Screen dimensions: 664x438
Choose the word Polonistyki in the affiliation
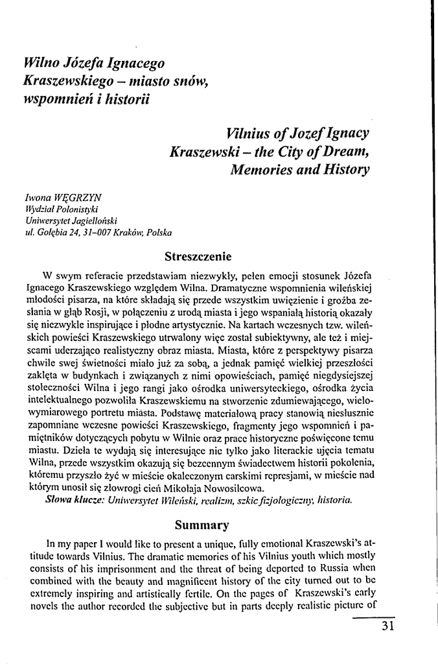pyautogui.click(x=76, y=208)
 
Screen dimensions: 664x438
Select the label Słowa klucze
pyautogui.click(x=67, y=501)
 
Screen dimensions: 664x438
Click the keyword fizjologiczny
pyautogui.click(x=284, y=501)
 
